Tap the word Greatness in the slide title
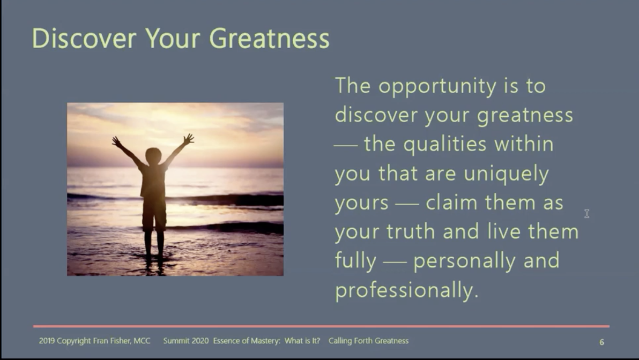click(x=269, y=39)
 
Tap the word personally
click(x=467, y=261)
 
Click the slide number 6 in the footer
click(x=601, y=342)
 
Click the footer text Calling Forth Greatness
click(x=368, y=341)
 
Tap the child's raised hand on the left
click(x=116, y=141)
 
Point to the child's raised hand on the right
click(x=188, y=139)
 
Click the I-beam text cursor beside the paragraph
click(x=586, y=214)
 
